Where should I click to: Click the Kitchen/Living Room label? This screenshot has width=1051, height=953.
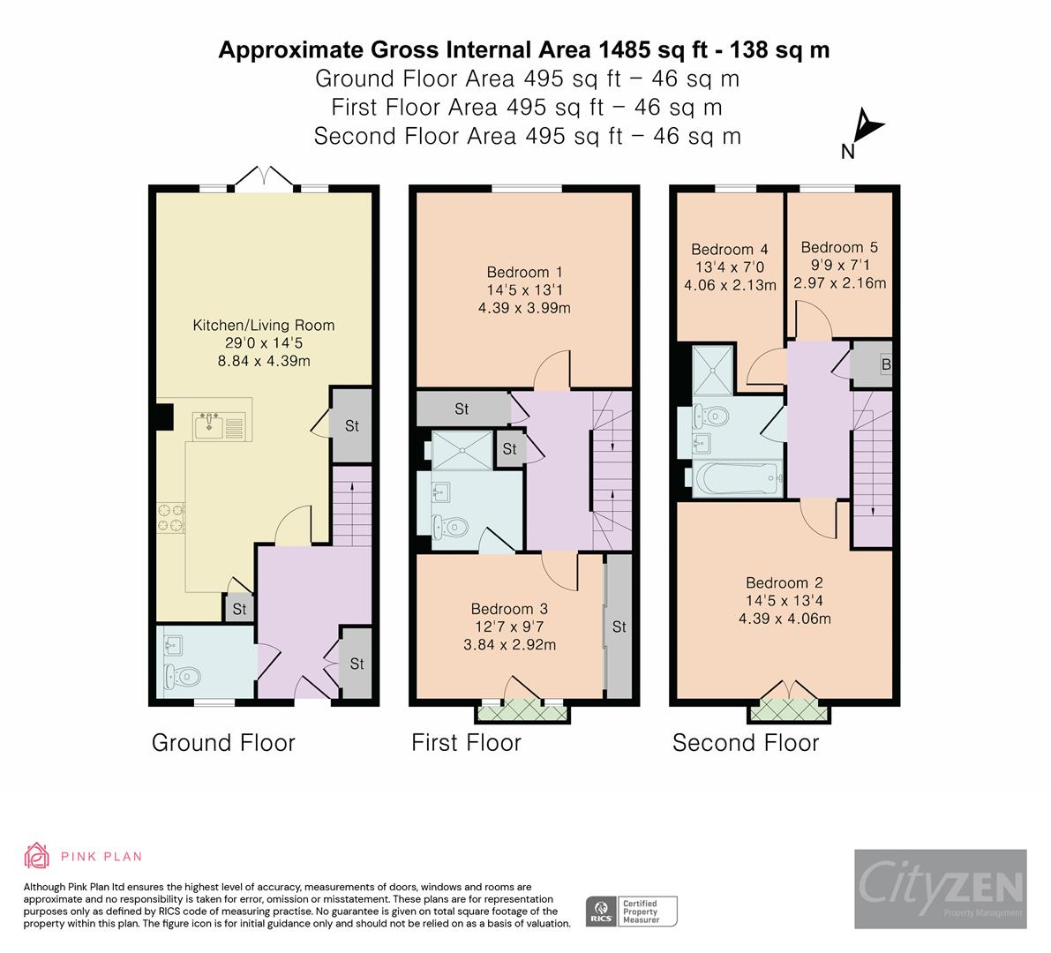(264, 326)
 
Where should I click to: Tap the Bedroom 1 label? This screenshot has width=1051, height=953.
(524, 273)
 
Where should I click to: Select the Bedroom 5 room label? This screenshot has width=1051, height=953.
(839, 248)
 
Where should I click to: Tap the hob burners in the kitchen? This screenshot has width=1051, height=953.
(170, 517)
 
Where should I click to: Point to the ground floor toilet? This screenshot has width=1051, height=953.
(181, 677)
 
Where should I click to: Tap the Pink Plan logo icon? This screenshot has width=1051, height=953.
(37, 855)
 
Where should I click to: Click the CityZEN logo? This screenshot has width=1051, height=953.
(940, 888)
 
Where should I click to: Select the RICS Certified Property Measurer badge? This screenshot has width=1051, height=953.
(632, 910)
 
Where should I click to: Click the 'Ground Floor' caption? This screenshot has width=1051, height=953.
(223, 743)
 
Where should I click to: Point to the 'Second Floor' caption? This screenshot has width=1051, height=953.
(746, 743)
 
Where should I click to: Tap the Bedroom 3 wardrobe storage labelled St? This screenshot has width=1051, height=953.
(619, 627)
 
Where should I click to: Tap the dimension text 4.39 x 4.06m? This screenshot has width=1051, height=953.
(784, 619)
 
